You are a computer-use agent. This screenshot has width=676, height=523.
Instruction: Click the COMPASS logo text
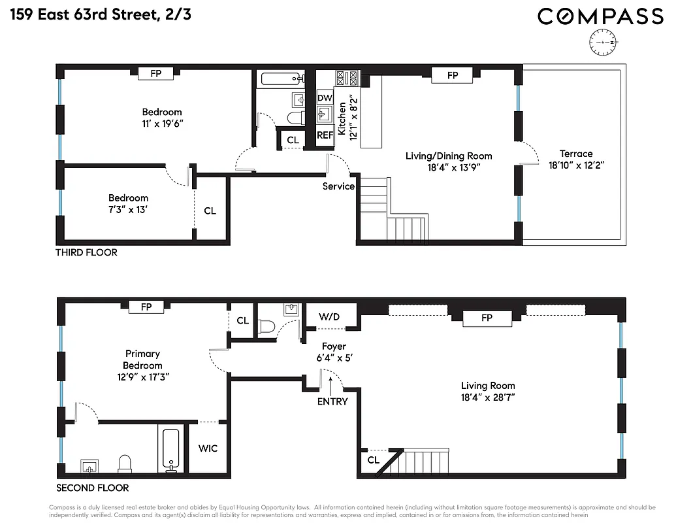(600, 16)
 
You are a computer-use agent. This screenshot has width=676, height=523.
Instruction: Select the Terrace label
(575, 154)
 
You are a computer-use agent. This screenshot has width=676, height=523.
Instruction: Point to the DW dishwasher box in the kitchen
(325, 98)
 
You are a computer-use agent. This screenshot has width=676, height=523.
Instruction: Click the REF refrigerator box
(325, 135)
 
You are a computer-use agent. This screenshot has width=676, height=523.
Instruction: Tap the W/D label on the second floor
(329, 317)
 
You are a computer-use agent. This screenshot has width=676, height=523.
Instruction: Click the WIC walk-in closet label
(208, 448)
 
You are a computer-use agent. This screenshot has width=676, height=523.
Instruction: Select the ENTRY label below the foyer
(332, 401)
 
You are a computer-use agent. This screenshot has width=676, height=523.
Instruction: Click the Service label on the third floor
(338, 186)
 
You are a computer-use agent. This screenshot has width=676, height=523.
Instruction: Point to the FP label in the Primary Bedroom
(145, 306)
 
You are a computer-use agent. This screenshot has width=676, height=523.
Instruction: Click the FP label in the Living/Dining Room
(453, 76)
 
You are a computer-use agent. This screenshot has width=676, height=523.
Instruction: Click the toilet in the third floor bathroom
(296, 119)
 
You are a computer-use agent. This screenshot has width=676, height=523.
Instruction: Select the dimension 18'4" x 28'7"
(488, 397)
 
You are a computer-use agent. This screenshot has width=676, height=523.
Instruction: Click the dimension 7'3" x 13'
(128, 210)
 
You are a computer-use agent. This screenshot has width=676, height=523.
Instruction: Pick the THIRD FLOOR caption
(86, 252)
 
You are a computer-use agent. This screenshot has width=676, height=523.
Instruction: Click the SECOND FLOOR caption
(92, 488)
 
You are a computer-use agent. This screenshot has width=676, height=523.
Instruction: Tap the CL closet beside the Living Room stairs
(373, 460)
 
